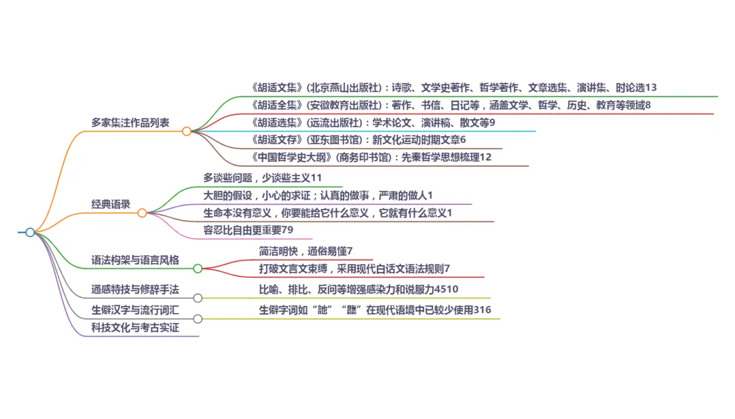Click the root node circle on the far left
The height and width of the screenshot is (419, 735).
[x=30, y=233]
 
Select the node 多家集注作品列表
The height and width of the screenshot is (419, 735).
[x=131, y=123]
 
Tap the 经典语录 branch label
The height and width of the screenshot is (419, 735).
[x=111, y=204]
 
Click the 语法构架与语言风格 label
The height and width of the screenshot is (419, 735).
[x=135, y=260]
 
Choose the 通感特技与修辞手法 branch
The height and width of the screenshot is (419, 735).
[x=135, y=290]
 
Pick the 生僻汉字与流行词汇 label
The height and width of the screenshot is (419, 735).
[x=135, y=310]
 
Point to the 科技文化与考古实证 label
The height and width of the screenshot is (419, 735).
[x=135, y=328]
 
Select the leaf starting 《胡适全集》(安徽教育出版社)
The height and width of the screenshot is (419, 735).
[x=451, y=105]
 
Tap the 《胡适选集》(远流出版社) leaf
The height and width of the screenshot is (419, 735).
[x=373, y=123]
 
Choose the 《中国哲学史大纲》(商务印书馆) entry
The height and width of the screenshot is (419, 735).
[x=371, y=158]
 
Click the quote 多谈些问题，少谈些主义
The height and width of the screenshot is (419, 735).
[x=262, y=178]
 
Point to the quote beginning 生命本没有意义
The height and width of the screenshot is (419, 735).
[x=327, y=213]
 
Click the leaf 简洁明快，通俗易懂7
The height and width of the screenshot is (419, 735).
[x=306, y=251]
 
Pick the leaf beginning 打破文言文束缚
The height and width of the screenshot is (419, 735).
[x=355, y=269]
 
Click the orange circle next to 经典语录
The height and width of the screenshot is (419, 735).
[x=142, y=213]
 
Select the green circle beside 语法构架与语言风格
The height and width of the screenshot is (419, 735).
[x=197, y=269]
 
